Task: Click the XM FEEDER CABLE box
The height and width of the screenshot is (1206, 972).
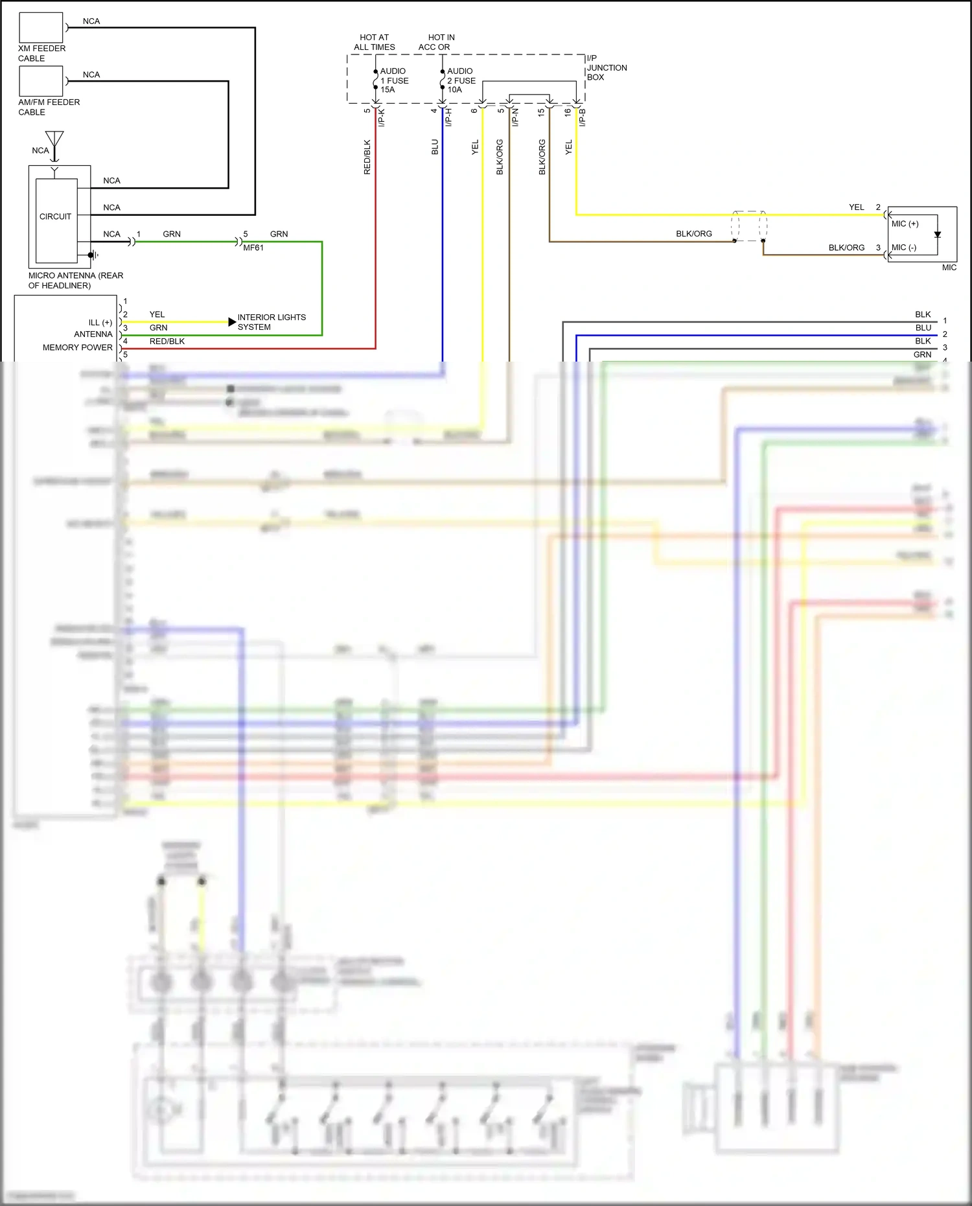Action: [x=41, y=27]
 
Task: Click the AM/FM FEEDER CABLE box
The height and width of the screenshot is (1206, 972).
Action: [x=41, y=81]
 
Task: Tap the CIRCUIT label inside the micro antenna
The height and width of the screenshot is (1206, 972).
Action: [x=55, y=216]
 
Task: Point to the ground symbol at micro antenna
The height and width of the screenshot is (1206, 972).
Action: [x=93, y=255]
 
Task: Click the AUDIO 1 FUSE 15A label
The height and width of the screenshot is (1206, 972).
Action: [x=394, y=80]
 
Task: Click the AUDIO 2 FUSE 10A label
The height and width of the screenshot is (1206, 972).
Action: [x=461, y=80]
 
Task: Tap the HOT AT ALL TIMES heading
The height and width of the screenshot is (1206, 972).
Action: [x=374, y=42]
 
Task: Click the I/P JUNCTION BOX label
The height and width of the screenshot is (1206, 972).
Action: [x=606, y=67]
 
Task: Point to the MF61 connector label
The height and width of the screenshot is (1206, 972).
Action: [x=253, y=248]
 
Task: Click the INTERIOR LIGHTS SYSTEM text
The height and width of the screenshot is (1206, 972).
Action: [x=271, y=322]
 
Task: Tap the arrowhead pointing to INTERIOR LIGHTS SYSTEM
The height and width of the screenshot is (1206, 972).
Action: [x=232, y=322]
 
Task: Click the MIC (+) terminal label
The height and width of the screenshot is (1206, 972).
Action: [x=905, y=224]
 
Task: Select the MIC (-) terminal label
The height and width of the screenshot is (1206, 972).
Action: [x=903, y=248]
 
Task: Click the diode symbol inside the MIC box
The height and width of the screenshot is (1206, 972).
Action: [x=937, y=235]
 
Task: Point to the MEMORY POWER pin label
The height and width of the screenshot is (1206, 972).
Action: [x=77, y=347]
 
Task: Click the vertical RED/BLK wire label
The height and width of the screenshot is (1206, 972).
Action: [x=367, y=157]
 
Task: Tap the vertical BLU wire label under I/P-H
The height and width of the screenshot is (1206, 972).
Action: [x=435, y=147]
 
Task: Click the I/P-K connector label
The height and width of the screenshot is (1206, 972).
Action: [x=382, y=117]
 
